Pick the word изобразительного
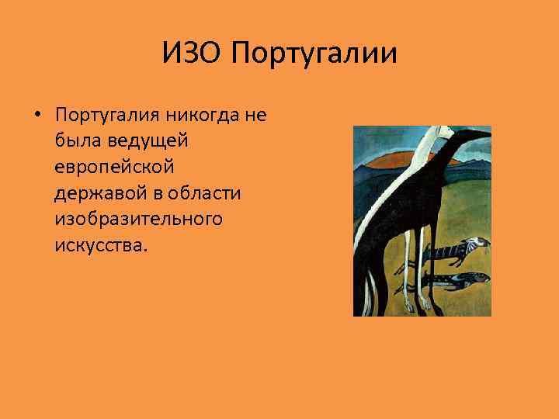(x=138, y=219)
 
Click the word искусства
(x=99, y=244)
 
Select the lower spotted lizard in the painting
(x=458, y=277)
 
